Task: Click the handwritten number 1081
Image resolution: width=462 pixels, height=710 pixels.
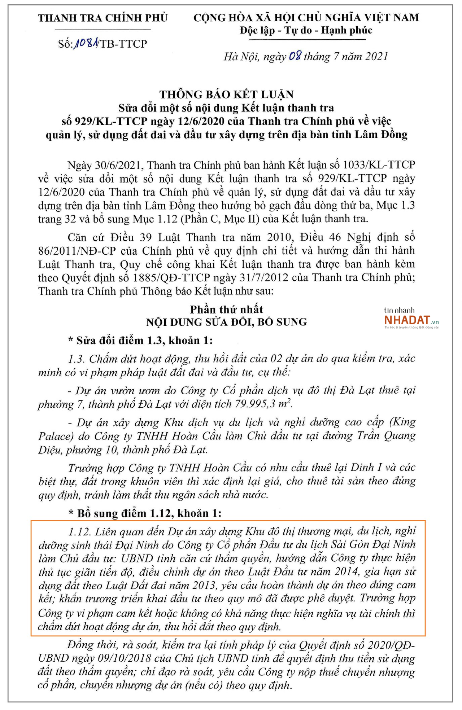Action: click(x=86, y=44)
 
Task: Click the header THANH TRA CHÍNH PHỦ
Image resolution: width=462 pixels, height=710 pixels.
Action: click(x=103, y=18)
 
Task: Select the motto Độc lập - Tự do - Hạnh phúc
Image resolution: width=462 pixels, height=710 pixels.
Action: click(x=306, y=30)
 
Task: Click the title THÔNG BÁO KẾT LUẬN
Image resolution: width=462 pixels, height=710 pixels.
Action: click(x=227, y=95)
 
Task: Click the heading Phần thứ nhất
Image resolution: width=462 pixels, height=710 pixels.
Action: click(x=227, y=309)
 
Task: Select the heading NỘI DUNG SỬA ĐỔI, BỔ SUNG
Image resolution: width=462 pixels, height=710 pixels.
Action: click(x=227, y=322)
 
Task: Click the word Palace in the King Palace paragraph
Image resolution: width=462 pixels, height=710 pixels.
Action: click(x=56, y=436)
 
